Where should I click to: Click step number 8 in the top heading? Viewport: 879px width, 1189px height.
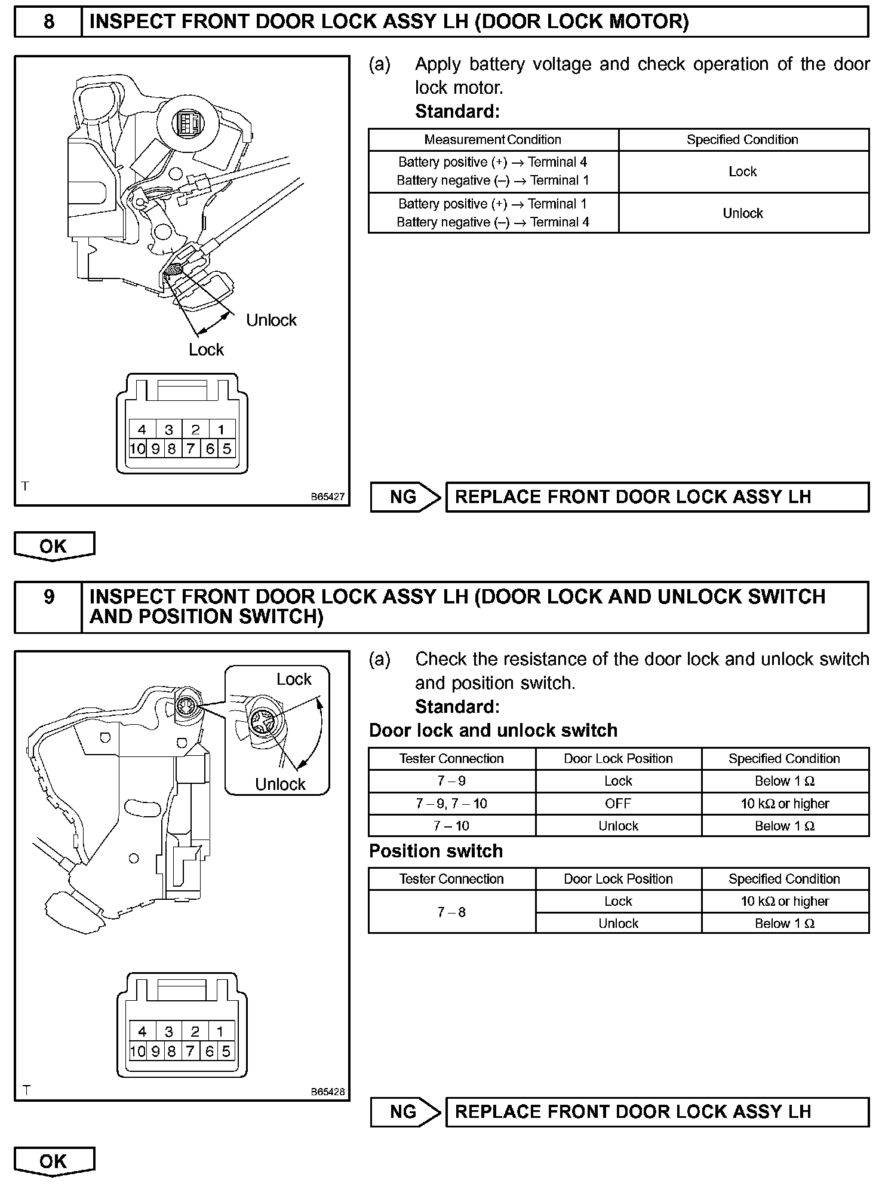tap(48, 22)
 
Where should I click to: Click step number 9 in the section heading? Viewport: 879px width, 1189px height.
tap(48, 597)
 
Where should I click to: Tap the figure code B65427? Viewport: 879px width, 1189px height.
tap(327, 497)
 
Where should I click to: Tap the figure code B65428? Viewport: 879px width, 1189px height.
tap(327, 1091)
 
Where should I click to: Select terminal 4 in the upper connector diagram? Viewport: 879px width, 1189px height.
tap(142, 430)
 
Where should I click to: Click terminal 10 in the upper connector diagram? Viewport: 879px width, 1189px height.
tap(137, 449)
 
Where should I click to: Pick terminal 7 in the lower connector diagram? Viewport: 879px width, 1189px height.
tap(190, 1050)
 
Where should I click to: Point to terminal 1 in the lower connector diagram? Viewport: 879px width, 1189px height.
tap(220, 1031)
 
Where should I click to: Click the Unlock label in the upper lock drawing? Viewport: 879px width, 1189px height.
tap(271, 320)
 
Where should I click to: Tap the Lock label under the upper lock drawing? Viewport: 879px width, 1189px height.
tap(206, 350)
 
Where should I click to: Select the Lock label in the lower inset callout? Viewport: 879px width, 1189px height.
tap(294, 679)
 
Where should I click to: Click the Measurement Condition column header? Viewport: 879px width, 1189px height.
tap(493, 140)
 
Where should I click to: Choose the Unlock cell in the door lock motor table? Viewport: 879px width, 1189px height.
tap(743, 213)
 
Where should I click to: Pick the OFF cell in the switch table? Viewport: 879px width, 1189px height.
tap(618, 804)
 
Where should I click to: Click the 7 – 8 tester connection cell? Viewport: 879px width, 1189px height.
tap(451, 912)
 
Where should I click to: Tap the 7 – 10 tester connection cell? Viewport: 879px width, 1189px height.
tap(451, 826)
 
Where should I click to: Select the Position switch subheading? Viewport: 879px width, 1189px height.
tap(436, 851)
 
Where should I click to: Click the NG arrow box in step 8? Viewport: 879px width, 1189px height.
tap(404, 497)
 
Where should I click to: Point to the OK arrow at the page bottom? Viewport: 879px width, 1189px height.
tap(54, 1162)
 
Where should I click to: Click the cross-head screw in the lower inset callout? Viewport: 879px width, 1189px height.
tap(263, 725)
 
